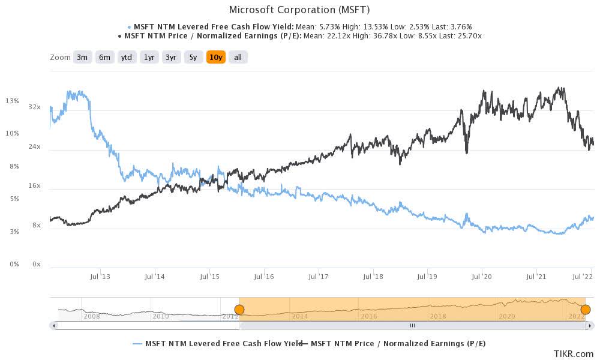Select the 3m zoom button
(x=82, y=58)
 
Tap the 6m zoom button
(x=104, y=58)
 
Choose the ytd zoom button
(x=126, y=58)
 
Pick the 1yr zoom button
(x=148, y=58)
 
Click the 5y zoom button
(x=193, y=58)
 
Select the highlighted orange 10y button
(x=215, y=58)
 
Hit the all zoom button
(x=238, y=58)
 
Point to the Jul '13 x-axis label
(x=100, y=277)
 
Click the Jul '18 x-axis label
(x=373, y=277)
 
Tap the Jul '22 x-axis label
(x=583, y=277)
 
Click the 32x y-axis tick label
(x=35, y=107)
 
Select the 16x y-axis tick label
(x=35, y=186)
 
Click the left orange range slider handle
(x=239, y=310)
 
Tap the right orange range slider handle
(x=585, y=310)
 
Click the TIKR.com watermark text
(x=578, y=353)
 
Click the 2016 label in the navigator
(x=369, y=316)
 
